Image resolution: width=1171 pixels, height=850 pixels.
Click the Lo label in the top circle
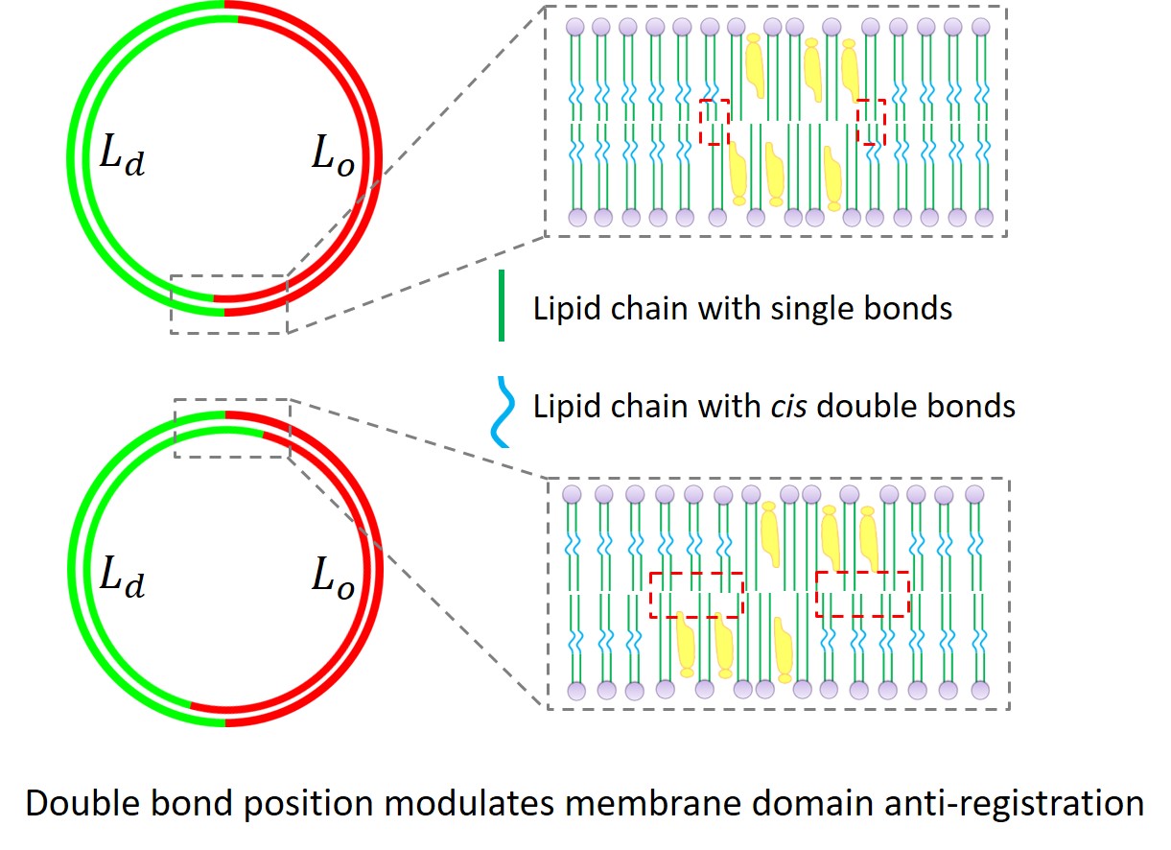(x=333, y=156)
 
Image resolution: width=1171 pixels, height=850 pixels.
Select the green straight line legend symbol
(x=502, y=307)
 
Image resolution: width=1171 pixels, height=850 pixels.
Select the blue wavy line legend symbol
(x=502, y=412)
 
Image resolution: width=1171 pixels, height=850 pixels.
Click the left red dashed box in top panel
(x=714, y=122)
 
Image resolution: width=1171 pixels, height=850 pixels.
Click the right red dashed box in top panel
(x=870, y=122)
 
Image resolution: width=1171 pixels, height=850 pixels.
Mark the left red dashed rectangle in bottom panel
(x=695, y=595)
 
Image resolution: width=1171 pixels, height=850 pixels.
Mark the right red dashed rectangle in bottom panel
(x=861, y=595)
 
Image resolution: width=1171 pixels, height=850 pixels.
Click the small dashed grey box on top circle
(x=228, y=304)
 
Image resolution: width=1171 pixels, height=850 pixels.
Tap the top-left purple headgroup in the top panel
(x=574, y=27)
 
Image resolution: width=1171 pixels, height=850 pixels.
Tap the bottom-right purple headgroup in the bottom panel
(x=979, y=690)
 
